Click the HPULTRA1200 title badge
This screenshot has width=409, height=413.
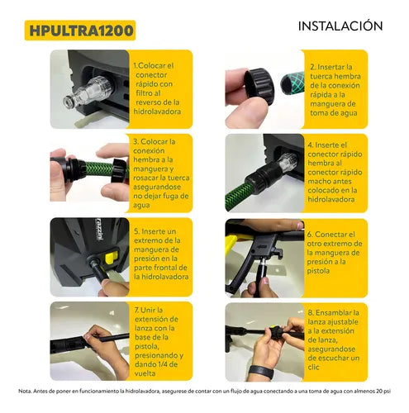tap(80, 31)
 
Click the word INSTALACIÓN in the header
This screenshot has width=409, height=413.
tap(340, 26)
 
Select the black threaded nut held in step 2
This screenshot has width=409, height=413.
tap(259, 86)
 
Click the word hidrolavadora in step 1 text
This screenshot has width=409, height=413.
tap(157, 112)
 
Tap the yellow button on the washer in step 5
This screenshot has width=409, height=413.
tap(111, 259)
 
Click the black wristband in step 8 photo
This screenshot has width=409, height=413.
tap(261, 372)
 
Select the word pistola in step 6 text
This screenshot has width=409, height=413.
tap(318, 271)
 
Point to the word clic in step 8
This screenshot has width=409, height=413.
tap(313, 367)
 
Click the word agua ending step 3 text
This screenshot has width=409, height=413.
tap(141, 206)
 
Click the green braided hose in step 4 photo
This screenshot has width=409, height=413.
tap(239, 196)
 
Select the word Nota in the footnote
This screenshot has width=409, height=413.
tap(24, 391)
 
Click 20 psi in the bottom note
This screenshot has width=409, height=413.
tap(383, 391)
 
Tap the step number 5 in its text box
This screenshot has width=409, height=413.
tap(136, 231)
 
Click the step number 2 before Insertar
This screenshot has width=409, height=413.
tap(312, 67)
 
